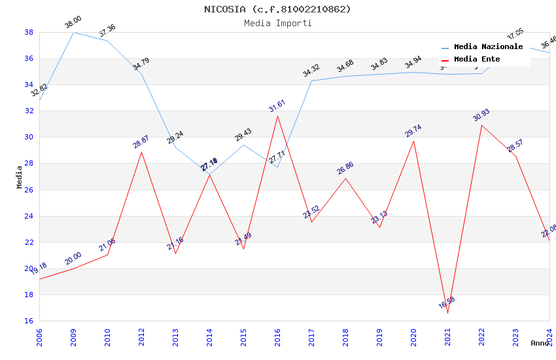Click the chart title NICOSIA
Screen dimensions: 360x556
(277, 9)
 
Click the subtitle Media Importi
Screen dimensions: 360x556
(277, 23)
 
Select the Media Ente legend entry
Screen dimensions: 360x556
(477, 60)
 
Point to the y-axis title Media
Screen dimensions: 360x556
(20, 177)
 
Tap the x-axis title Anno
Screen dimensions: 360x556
(540, 343)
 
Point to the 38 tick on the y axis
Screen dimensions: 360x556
(29, 32)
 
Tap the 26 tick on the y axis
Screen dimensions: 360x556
(29, 190)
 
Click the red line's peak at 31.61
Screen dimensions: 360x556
(277, 116)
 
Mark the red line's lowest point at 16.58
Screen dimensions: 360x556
(447, 314)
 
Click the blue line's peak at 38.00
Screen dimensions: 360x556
(73, 32)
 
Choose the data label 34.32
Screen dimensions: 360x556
(311, 71)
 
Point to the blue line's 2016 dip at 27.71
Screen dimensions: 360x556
(277, 167)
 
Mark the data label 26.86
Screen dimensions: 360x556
(345, 168)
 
